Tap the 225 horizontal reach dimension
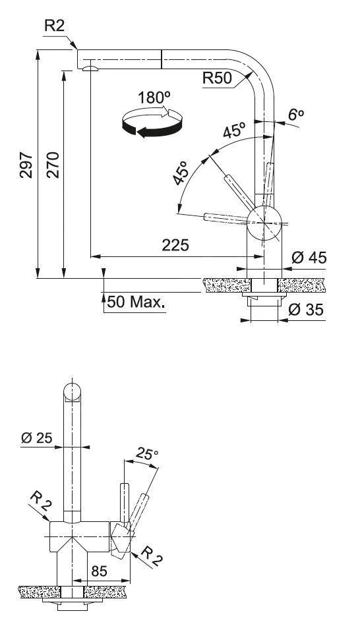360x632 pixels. click(x=175, y=245)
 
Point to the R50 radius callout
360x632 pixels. click(x=217, y=78)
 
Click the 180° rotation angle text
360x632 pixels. click(x=154, y=97)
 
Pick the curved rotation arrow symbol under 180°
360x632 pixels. click(x=152, y=123)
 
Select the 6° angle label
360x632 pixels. click(x=296, y=114)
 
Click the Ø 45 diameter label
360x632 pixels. click(x=308, y=258)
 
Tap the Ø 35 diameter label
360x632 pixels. click(x=307, y=309)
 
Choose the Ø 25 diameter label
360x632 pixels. click(x=36, y=437)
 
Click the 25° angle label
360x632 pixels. click(x=147, y=454)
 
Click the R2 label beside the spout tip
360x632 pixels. click(x=56, y=26)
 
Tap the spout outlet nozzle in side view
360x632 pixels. click(x=90, y=67)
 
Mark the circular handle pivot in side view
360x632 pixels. click(x=264, y=223)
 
